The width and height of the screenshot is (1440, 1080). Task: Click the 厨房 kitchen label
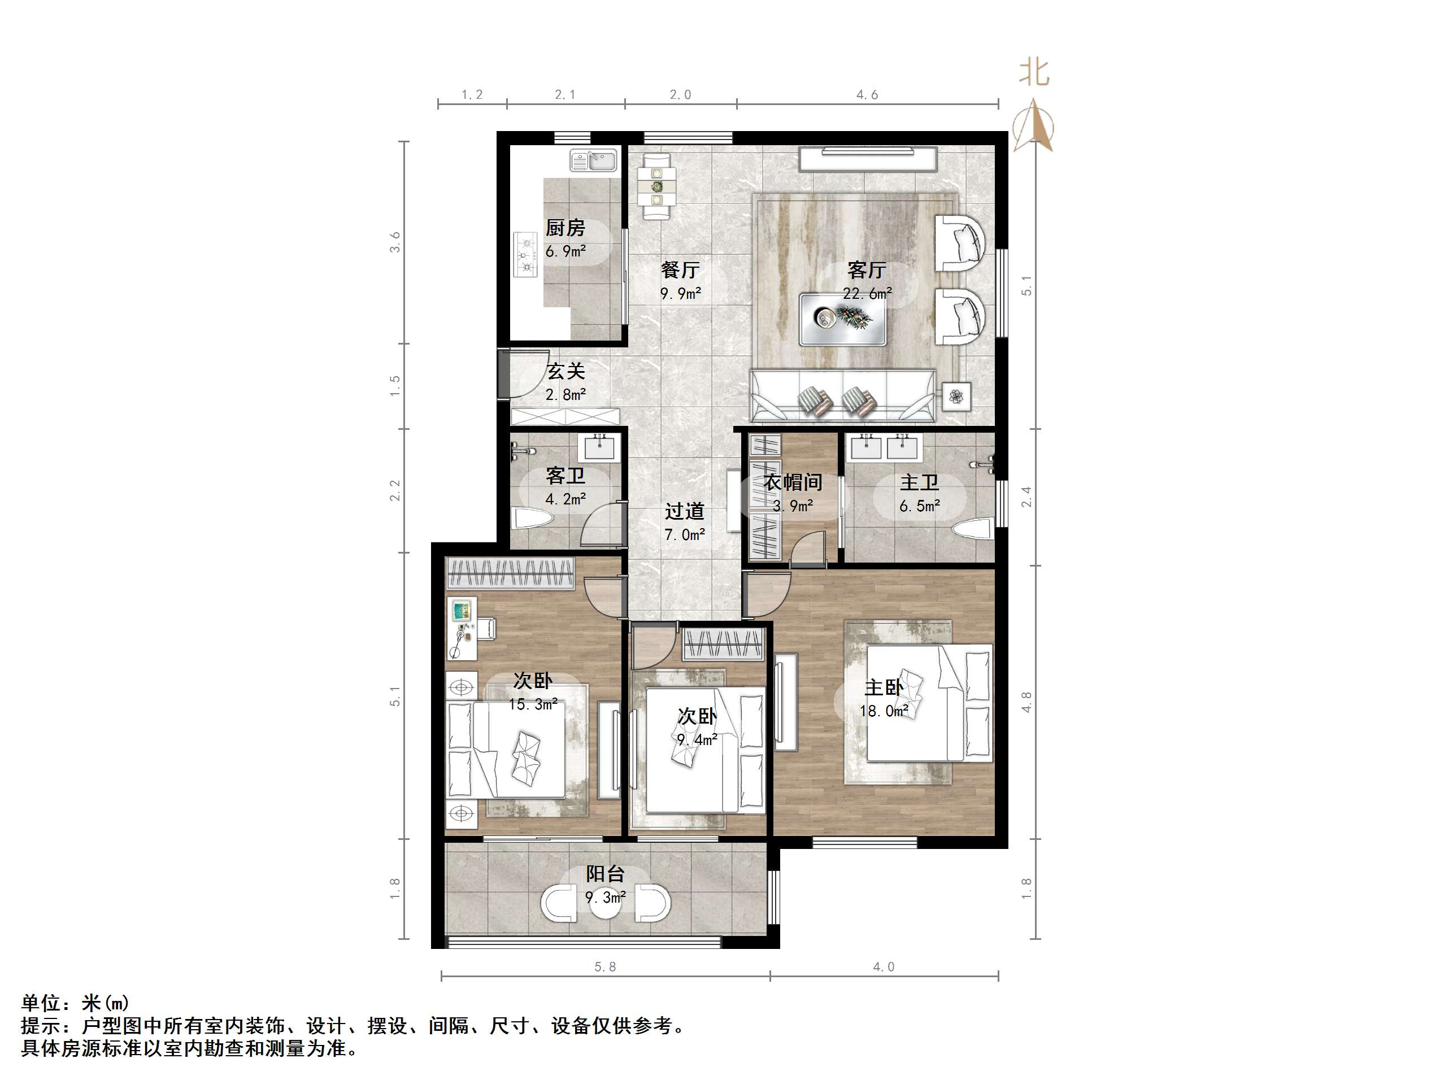[565, 228]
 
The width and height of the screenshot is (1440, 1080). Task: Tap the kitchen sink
[593, 161]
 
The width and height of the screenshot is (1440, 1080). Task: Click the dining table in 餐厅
[657, 185]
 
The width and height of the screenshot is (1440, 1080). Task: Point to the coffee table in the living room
[843, 319]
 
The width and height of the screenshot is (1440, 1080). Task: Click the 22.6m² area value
[867, 294]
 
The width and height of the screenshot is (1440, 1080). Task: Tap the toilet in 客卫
[533, 519]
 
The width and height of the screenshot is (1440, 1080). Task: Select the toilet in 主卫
[974, 529]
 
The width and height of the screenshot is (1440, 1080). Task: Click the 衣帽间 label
[793, 482]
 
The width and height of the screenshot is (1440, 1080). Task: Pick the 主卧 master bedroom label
[884, 688]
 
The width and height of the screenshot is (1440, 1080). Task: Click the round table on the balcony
[606, 904]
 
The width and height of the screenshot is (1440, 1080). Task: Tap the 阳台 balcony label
[606, 874]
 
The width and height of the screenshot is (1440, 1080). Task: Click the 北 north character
[1034, 72]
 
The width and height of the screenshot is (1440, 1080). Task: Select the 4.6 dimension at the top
[867, 95]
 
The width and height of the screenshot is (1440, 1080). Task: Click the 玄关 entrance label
[565, 371]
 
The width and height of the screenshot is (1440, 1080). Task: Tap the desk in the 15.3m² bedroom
[462, 628]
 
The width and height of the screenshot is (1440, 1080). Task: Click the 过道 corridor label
[684, 511]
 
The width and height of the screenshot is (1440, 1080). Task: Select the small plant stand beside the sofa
[956, 396]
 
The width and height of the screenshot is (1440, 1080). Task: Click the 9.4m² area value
[697, 739]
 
